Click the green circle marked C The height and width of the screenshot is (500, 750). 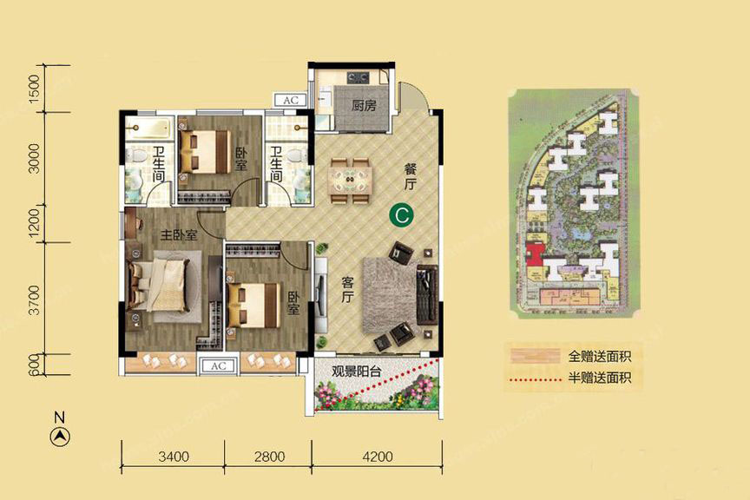coord(401,215)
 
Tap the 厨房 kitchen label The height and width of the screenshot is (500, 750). coord(364,105)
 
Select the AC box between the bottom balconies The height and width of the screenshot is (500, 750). coord(219,366)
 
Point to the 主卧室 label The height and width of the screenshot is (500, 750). coord(179,235)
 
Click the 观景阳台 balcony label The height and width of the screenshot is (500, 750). coord(357,371)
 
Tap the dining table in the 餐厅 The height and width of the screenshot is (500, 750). coord(350,181)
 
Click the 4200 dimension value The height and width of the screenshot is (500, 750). coord(378,457)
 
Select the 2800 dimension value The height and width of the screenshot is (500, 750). coord(269,457)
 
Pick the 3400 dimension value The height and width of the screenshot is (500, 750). coord(174,457)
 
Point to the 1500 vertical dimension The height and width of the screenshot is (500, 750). coord(36,89)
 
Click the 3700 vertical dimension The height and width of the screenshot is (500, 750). coord(36,300)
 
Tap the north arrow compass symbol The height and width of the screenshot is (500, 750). coord(60,437)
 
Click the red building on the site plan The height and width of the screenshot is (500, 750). coord(536,253)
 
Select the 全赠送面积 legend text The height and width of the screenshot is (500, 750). coord(600,357)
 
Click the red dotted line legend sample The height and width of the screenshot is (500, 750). coord(536,380)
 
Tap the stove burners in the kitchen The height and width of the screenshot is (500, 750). coord(358,76)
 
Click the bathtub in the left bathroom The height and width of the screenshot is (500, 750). coord(148,128)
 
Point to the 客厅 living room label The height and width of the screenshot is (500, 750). coord(348,290)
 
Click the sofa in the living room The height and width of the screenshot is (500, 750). coord(427,295)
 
